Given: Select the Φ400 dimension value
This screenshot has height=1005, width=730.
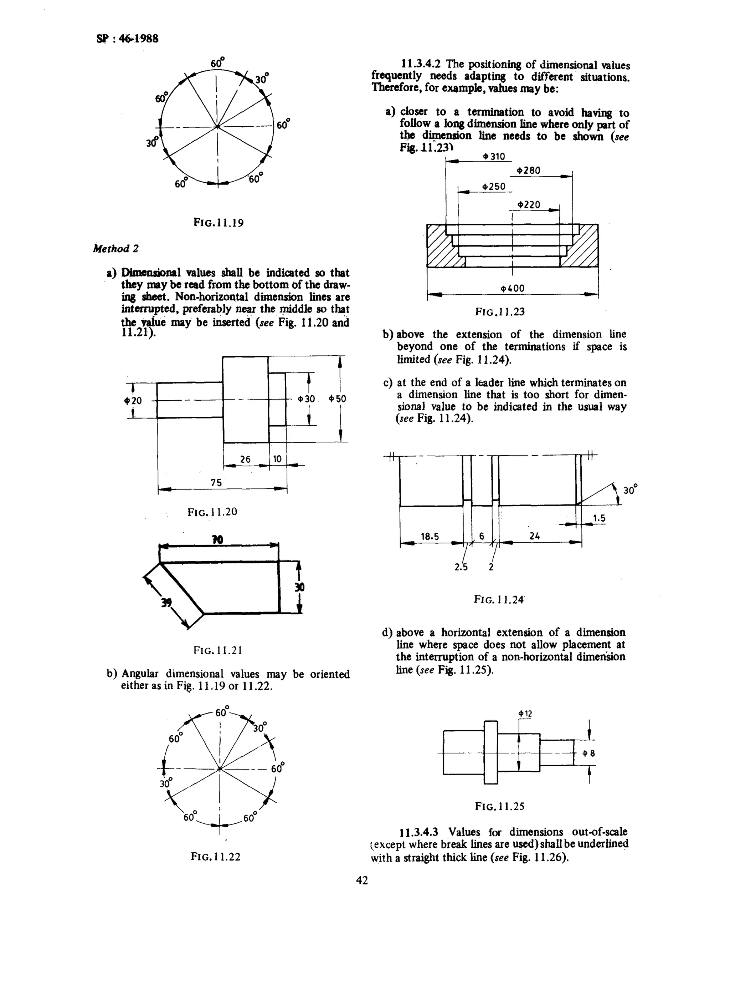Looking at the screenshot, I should [512, 289].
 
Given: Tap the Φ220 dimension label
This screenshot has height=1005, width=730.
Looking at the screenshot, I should [529, 205].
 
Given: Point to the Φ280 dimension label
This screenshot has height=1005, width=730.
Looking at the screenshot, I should [529, 171].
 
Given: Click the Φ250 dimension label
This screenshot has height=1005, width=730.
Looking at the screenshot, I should [494, 187].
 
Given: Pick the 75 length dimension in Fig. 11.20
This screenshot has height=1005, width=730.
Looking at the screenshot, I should [216, 483].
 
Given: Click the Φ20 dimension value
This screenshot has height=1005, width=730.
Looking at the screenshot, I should [133, 401].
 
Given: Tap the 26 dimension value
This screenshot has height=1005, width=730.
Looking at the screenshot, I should [245, 459].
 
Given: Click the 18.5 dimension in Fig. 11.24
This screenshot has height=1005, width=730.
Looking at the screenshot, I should [430, 537].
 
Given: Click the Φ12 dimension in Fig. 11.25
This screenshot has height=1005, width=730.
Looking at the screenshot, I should [525, 714].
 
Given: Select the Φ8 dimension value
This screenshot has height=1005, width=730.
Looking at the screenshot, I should [589, 753].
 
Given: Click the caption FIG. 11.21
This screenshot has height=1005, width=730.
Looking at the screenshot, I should [217, 650].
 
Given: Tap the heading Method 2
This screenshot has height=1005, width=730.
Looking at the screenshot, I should [115, 249].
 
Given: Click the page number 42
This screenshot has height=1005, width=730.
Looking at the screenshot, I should [362, 880].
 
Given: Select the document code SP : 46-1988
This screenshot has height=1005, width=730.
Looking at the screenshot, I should [127, 39].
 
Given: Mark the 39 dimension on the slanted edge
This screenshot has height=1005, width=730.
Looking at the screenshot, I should [166, 603].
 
